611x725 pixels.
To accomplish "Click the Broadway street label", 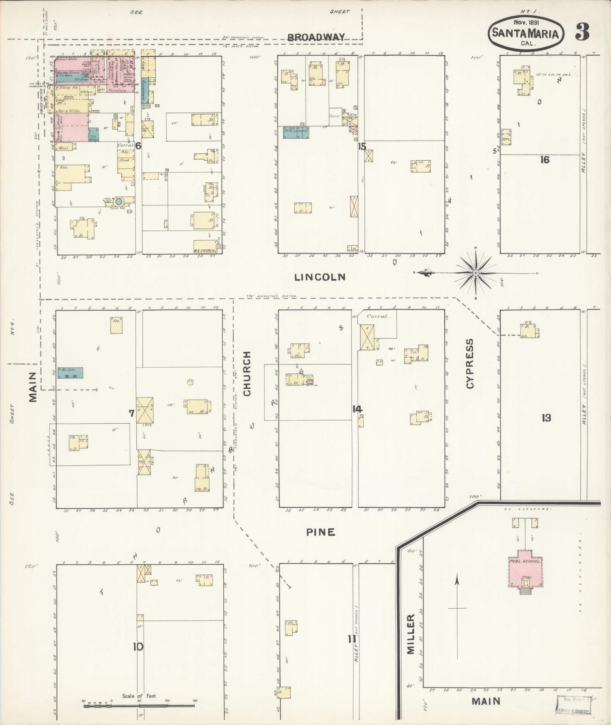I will click(316, 37).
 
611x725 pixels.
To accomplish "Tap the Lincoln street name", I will click(320, 277).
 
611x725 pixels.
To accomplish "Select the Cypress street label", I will click(470, 363).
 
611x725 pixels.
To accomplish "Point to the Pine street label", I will click(321, 532).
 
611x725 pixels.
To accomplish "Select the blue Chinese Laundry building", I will click(296, 132).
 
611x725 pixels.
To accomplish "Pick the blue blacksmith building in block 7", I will click(70, 373).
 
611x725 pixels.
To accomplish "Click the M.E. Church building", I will click(205, 246).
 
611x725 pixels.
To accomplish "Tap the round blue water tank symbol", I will click(119, 202).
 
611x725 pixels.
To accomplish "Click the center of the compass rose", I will click(476, 273).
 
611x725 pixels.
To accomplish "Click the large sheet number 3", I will click(582, 33).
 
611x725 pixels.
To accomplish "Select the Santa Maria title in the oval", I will click(525, 34).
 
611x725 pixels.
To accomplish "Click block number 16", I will click(544, 160).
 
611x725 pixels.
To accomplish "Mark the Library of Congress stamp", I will click(573, 705).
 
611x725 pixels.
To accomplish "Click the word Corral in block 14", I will click(377, 316).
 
